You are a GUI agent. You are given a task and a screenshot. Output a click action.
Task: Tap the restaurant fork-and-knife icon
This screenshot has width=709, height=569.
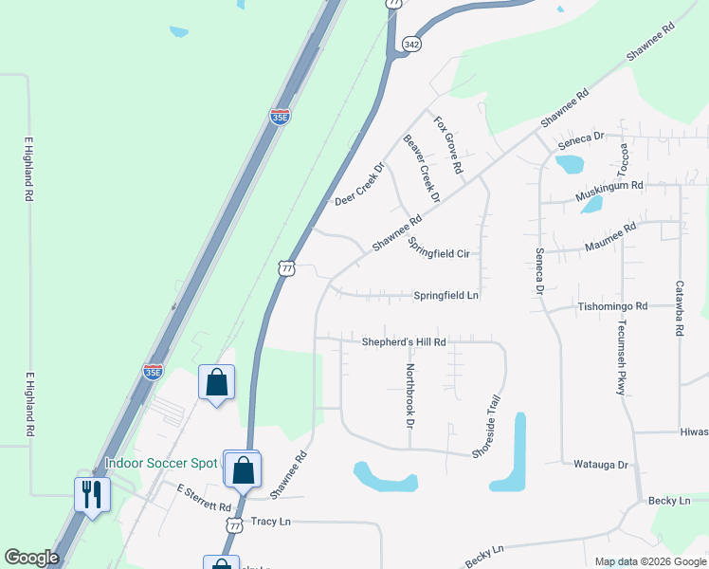click(x=92, y=494)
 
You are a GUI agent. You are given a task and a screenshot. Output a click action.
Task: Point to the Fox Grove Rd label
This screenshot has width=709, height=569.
click(x=448, y=145)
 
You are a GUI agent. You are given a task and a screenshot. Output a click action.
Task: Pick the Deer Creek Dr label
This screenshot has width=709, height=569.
click(x=359, y=185)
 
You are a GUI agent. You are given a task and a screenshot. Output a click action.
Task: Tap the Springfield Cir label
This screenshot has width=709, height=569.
click(x=439, y=248)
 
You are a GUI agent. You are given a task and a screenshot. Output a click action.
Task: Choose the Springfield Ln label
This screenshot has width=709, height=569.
click(x=445, y=296)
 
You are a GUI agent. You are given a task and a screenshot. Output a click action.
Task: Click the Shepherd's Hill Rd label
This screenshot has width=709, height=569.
click(x=403, y=341)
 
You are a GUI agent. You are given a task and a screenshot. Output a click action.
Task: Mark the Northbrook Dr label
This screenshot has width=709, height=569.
click(x=410, y=394)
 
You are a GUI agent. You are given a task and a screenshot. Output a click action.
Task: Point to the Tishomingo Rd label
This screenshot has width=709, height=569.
click(x=612, y=307)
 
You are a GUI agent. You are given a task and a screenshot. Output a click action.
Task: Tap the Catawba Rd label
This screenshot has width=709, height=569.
click(x=680, y=309)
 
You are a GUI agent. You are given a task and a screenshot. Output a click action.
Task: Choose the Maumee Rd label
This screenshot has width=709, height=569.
click(x=609, y=235)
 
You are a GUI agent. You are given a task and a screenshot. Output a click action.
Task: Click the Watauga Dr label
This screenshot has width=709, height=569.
click(x=601, y=465)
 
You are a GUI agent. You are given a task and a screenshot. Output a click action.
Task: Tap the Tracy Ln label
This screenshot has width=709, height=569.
click(x=270, y=522)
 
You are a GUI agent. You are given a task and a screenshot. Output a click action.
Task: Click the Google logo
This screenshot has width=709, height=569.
click(x=31, y=558)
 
